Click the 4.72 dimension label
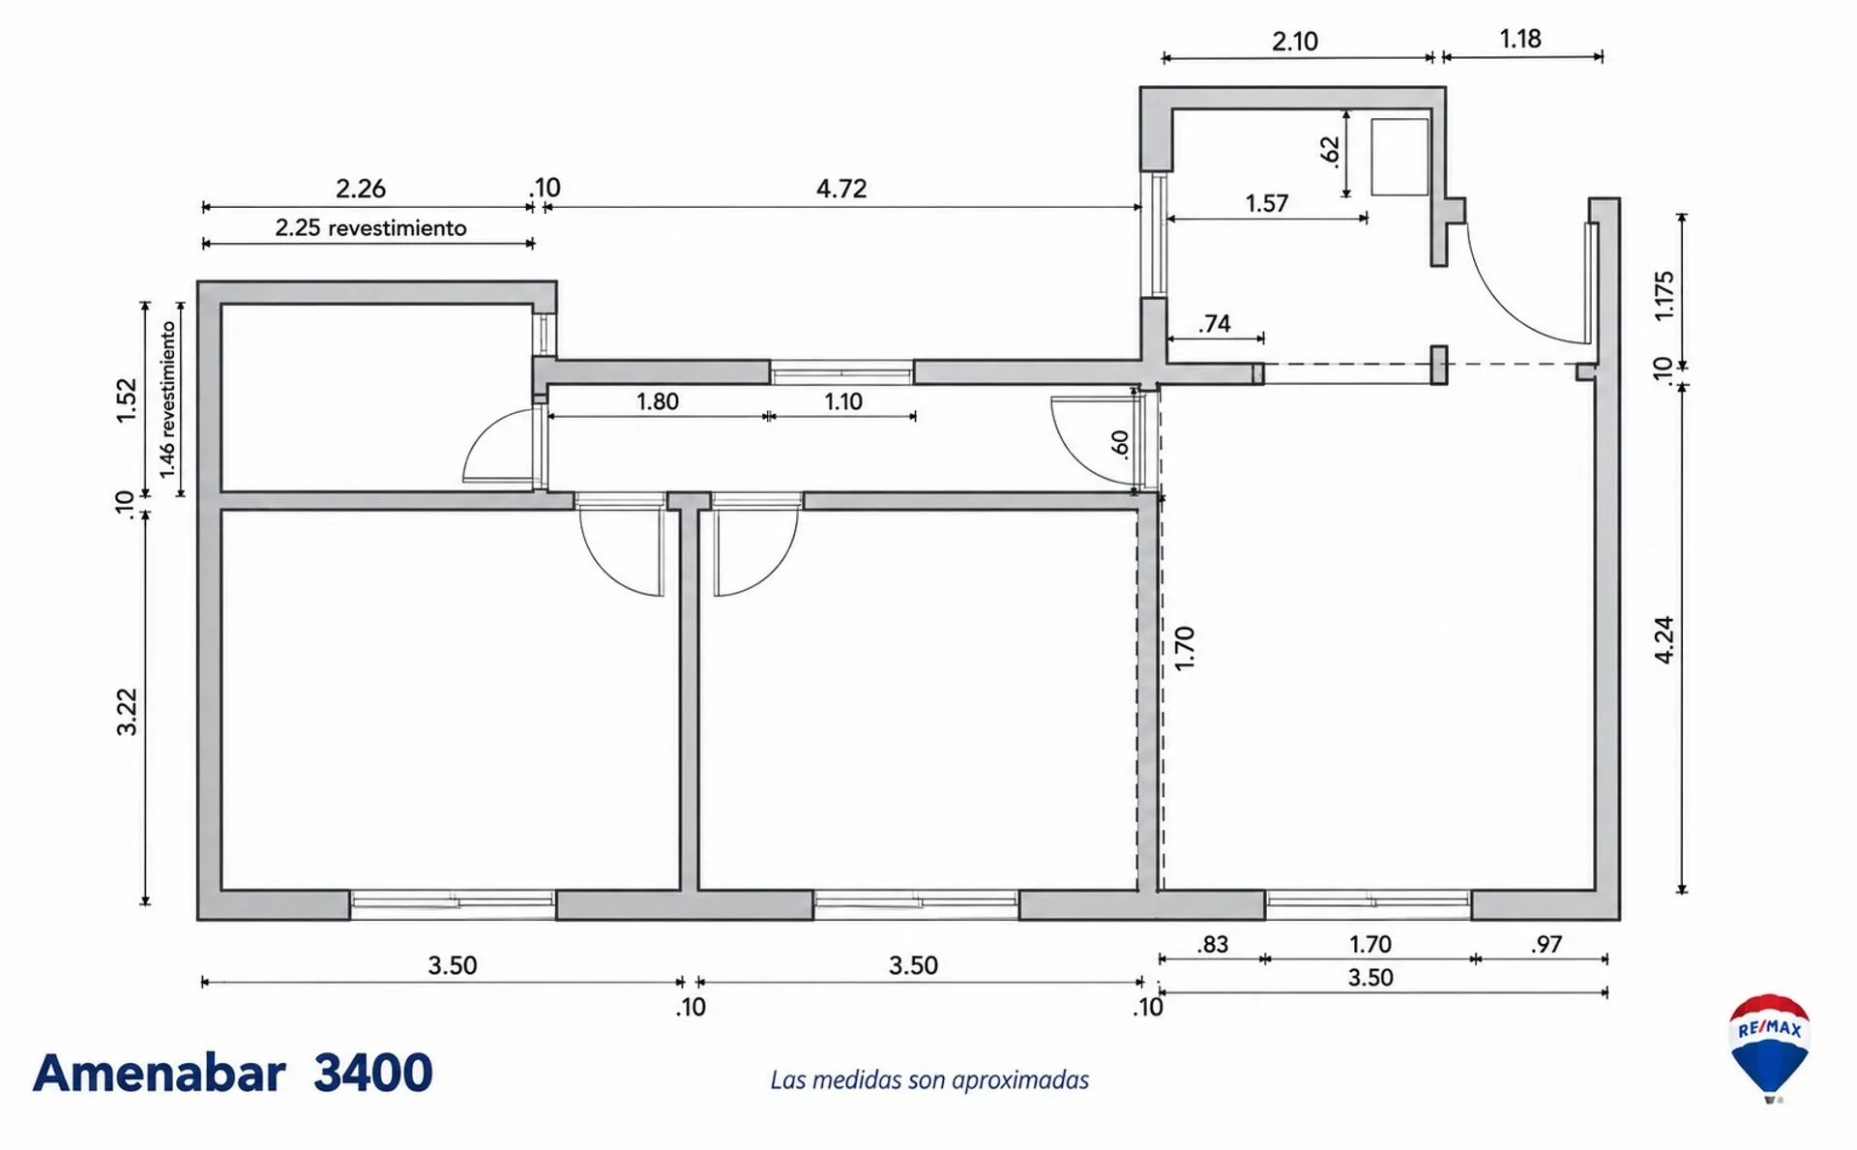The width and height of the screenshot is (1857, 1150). (841, 188)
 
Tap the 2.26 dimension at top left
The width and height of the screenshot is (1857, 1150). (361, 188)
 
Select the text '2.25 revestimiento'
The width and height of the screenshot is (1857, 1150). (370, 227)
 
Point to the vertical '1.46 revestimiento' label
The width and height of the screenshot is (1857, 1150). (168, 399)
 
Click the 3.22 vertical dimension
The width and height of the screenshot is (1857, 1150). (127, 712)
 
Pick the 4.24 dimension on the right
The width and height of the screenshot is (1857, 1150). (1664, 639)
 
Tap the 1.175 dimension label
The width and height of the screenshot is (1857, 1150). (1664, 296)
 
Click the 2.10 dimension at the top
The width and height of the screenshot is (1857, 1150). (1295, 42)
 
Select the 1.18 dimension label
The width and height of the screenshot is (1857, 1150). (1520, 39)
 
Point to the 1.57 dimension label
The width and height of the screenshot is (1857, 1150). (1267, 203)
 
